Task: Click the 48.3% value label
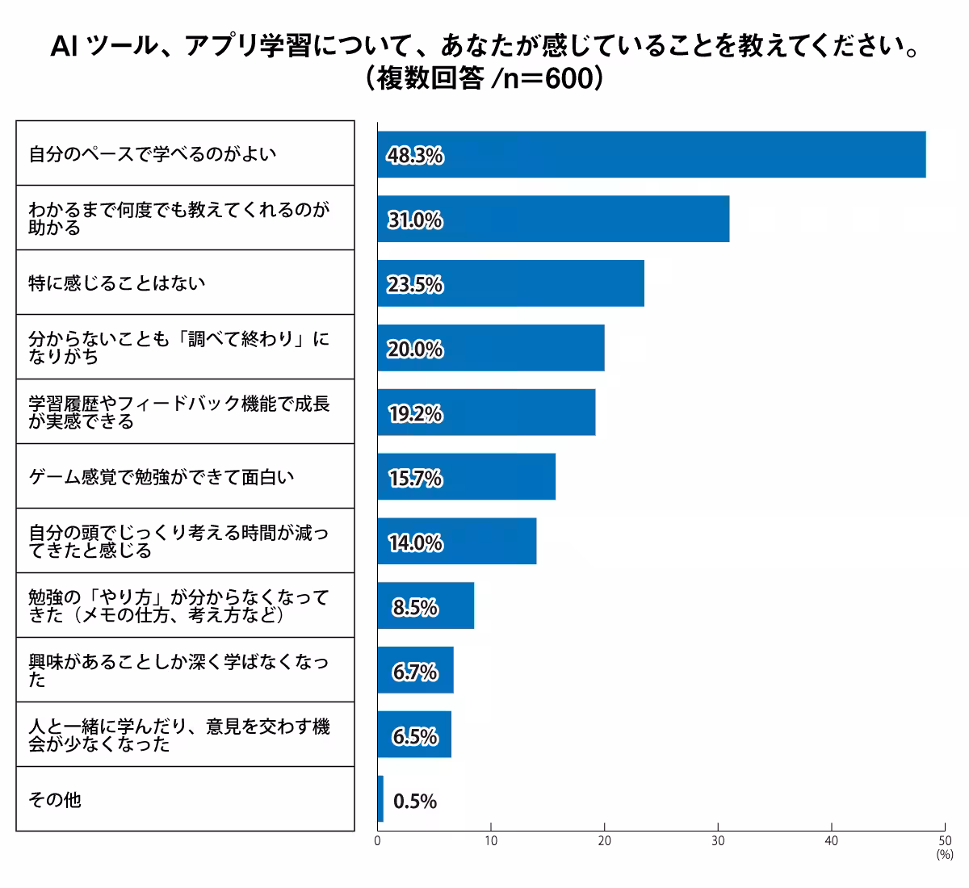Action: [415, 156]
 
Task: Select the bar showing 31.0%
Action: [553, 219]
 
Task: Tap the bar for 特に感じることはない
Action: [510, 283]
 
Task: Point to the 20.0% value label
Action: [415, 350]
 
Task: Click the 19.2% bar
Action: [486, 413]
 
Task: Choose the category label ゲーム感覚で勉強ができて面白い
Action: [161, 477]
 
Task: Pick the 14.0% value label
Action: [415, 543]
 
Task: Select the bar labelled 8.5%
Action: [426, 606]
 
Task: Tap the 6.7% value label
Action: [415, 672]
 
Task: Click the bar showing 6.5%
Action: [414, 735]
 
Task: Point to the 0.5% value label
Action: [415, 802]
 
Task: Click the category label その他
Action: [55, 800]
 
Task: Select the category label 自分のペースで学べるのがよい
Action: [153, 153]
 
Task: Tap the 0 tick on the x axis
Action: [378, 841]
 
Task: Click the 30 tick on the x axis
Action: [718, 841]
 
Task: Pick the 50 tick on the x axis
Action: [945, 841]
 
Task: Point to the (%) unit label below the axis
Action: [945, 854]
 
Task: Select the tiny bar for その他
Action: [380, 800]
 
